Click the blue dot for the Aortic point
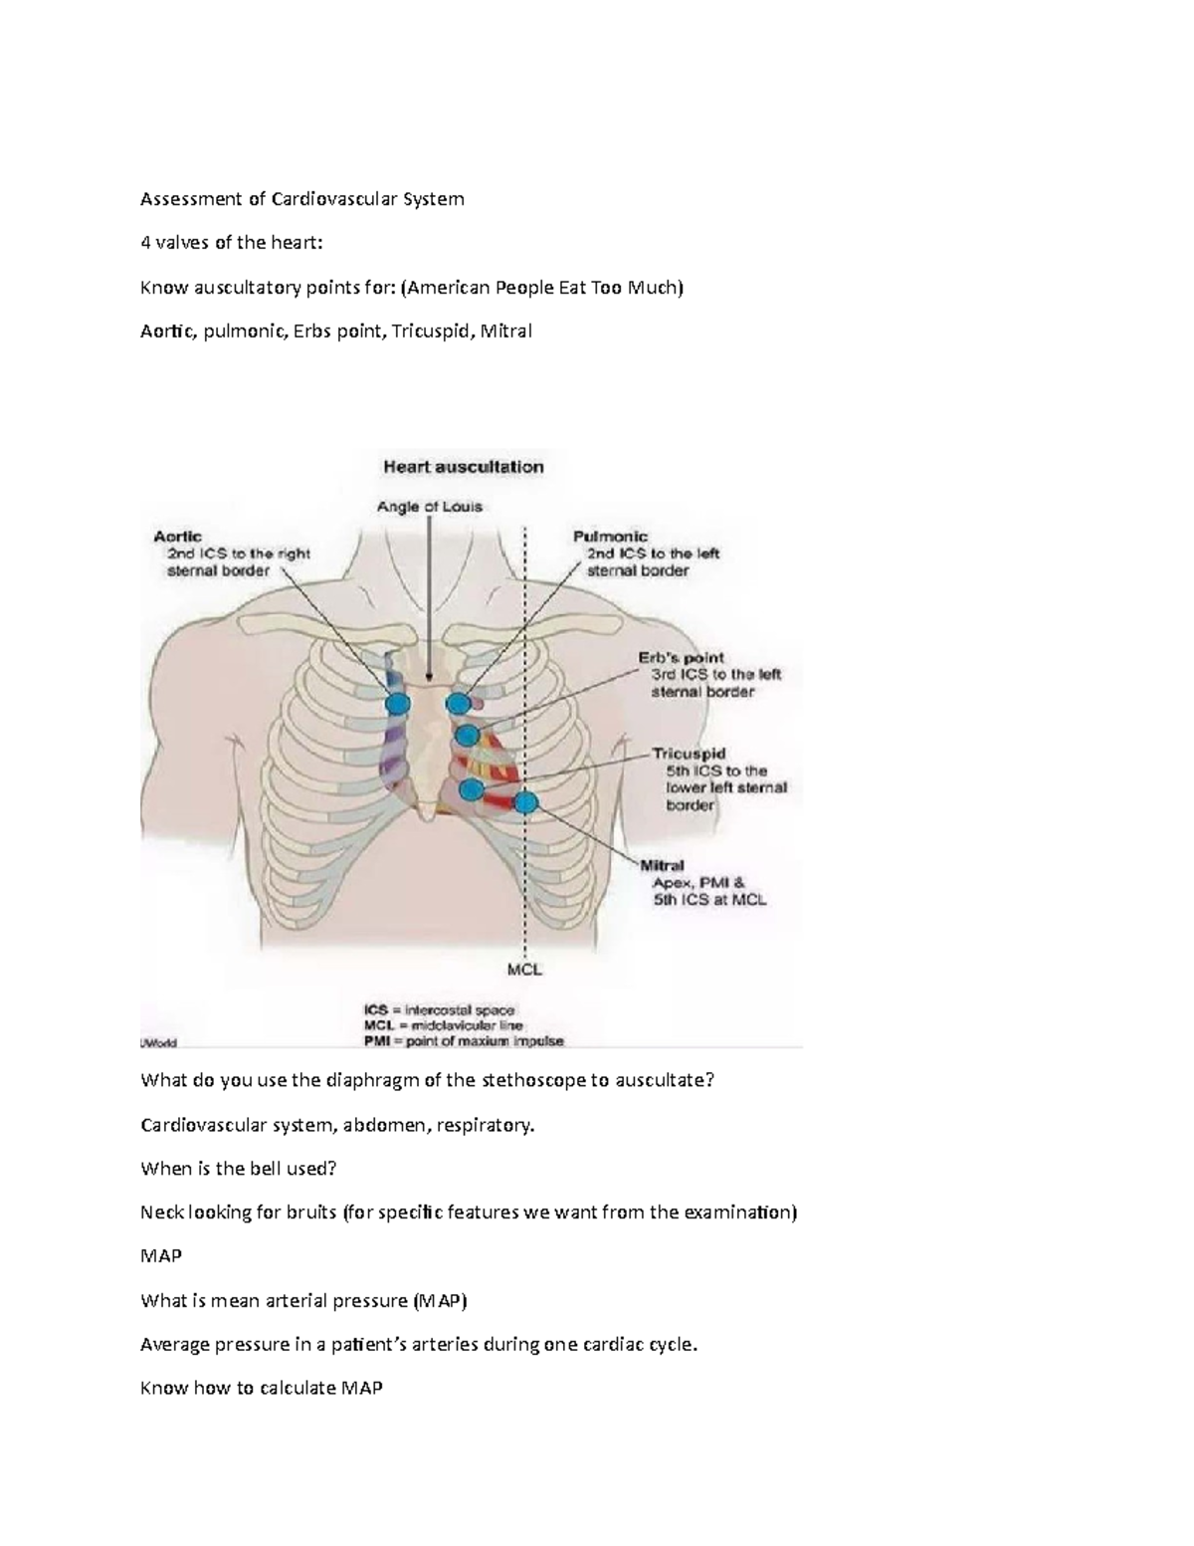397,704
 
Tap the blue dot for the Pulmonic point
458,704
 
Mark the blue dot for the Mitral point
525,801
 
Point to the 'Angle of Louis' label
429,507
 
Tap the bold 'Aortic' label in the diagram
178,537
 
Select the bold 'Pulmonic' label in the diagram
610,537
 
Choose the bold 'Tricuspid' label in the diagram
689,754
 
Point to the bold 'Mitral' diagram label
662,866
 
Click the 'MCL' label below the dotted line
524,969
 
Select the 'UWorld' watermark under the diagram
157,1043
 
